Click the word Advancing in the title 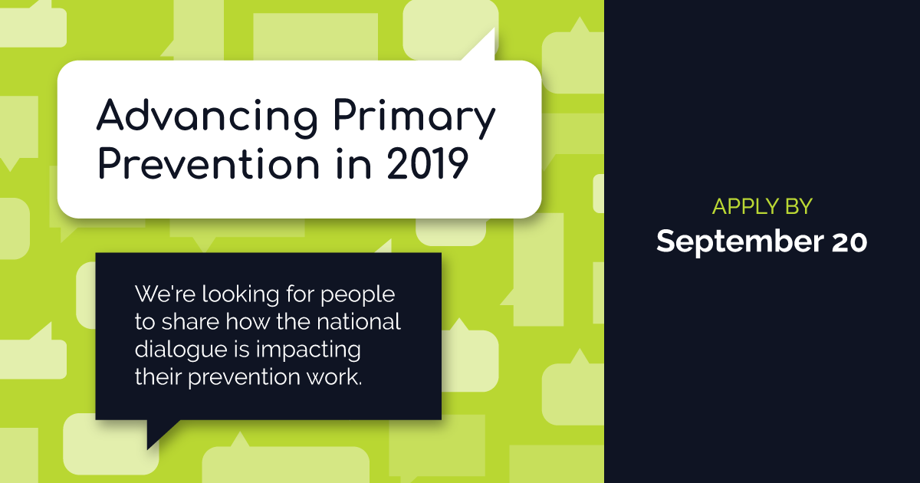[207, 118]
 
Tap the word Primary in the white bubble [415, 118]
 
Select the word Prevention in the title [209, 164]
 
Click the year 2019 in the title [428, 164]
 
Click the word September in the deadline [740, 242]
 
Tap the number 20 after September [849, 242]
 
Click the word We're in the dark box [165, 294]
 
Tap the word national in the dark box [359, 321]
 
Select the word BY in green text [799, 206]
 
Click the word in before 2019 [353, 164]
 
